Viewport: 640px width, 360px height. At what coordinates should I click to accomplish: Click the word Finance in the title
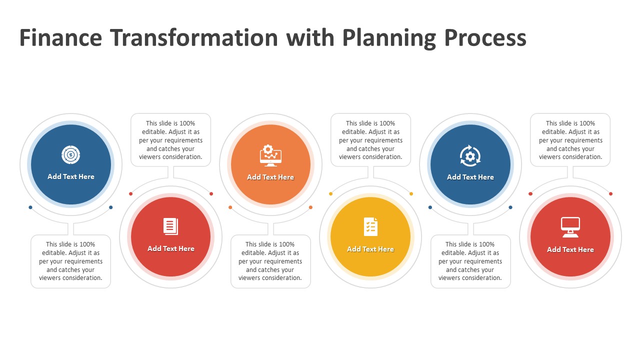click(x=60, y=37)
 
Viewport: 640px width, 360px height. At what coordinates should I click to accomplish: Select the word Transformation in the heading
click(x=194, y=37)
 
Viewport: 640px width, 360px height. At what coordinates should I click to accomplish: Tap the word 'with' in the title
click(x=310, y=37)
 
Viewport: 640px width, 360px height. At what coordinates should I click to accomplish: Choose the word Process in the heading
click(x=485, y=37)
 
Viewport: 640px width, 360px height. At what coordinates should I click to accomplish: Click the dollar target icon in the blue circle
click(x=70, y=155)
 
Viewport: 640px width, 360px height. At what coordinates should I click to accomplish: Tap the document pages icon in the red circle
click(x=170, y=226)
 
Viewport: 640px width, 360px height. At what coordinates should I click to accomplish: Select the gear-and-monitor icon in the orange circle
click(x=270, y=155)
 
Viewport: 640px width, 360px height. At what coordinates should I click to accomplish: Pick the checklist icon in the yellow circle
click(x=370, y=227)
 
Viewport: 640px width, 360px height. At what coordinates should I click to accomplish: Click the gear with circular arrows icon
click(x=470, y=156)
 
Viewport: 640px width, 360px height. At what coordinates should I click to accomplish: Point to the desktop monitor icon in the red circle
click(x=570, y=227)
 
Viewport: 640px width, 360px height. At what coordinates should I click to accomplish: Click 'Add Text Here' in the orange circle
click(x=270, y=177)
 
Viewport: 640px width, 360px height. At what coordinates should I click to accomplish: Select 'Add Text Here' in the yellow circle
click(x=370, y=249)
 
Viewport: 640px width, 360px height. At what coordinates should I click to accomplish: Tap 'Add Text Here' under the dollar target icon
click(x=71, y=176)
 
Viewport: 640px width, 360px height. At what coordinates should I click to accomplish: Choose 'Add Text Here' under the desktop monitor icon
click(x=570, y=249)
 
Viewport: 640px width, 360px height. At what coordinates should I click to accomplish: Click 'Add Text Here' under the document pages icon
click(x=171, y=248)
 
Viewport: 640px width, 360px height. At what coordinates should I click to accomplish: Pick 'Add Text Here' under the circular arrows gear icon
click(x=470, y=177)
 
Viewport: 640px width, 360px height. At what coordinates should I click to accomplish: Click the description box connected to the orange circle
click(x=270, y=261)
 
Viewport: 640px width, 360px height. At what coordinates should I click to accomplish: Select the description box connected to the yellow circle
click(x=370, y=140)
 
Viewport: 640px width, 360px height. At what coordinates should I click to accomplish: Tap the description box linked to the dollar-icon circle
click(x=70, y=261)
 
